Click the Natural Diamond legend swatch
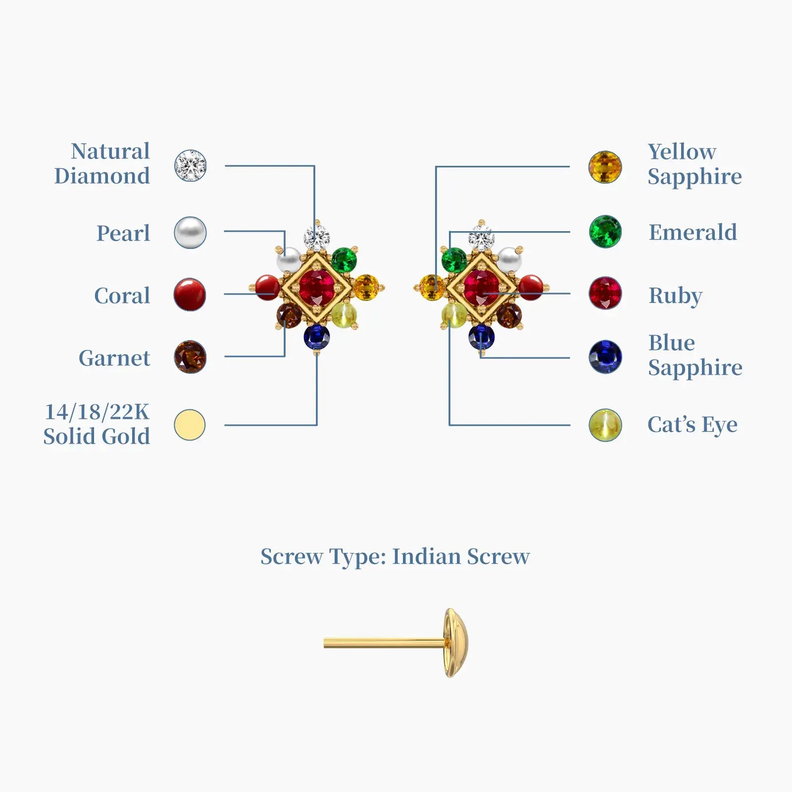(190, 166)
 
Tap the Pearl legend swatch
(190, 232)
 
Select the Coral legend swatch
(190, 295)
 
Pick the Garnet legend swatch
(190, 357)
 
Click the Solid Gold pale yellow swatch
(190, 425)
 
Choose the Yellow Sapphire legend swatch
(605, 167)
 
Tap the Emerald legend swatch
(605, 231)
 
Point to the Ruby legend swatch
(605, 293)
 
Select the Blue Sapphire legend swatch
(605, 357)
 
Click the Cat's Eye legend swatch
(605, 425)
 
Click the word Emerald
(693, 232)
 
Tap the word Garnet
(114, 358)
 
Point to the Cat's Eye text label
(692, 425)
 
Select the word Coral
(122, 296)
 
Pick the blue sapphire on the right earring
(481, 337)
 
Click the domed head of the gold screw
(455, 643)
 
